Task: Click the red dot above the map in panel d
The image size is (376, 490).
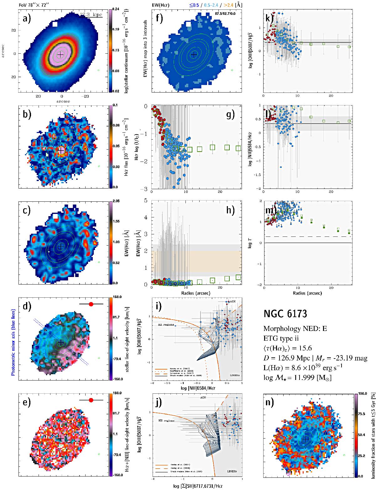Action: coord(91,304)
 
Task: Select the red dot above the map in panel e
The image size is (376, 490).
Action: coord(91,400)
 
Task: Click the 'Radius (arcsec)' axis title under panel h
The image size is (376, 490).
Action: coord(196,293)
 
